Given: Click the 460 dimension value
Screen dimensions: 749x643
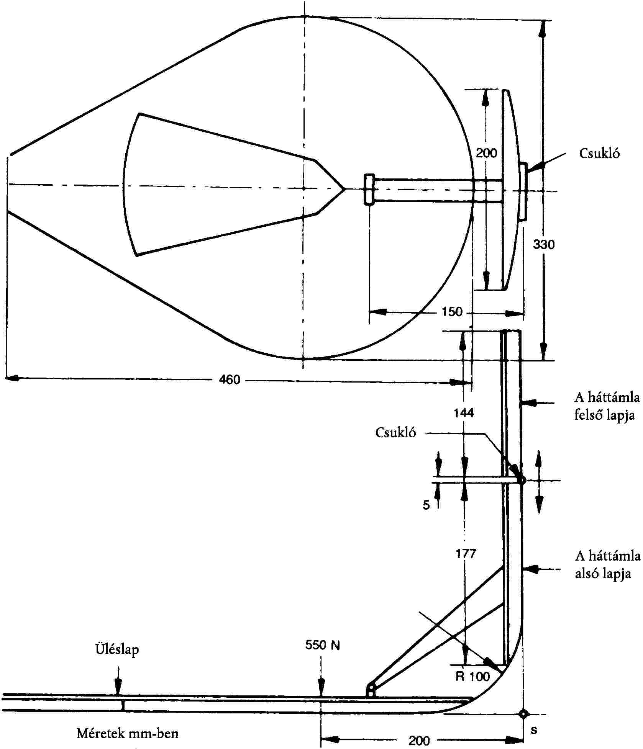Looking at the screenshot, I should pyautogui.click(x=229, y=379).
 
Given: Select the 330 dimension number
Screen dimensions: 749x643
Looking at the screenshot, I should pyautogui.click(x=544, y=244).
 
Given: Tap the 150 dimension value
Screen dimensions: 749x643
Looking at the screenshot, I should pyautogui.click(x=452, y=312).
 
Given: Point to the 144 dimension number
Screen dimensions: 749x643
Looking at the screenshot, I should pyautogui.click(x=464, y=413).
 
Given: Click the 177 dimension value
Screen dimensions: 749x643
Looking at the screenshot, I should pyautogui.click(x=466, y=553).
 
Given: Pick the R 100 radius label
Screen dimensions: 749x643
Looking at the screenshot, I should pyautogui.click(x=473, y=677).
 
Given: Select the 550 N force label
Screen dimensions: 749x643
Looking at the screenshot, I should pyautogui.click(x=323, y=645).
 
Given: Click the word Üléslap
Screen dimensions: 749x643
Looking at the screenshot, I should pyautogui.click(x=117, y=649).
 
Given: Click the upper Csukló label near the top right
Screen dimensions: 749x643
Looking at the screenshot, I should pyautogui.click(x=599, y=153).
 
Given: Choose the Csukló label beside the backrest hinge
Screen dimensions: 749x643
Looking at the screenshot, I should pyautogui.click(x=395, y=432).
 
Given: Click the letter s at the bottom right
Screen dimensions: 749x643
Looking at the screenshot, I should pyautogui.click(x=534, y=730).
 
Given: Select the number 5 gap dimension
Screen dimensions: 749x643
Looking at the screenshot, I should pyautogui.click(x=426, y=505).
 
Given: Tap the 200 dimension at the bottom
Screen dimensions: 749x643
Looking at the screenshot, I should pyautogui.click(x=419, y=741).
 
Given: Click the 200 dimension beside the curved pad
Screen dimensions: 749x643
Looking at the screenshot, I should pyautogui.click(x=486, y=153).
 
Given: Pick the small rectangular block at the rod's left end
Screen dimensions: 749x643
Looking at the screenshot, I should pyautogui.click(x=369, y=189).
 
